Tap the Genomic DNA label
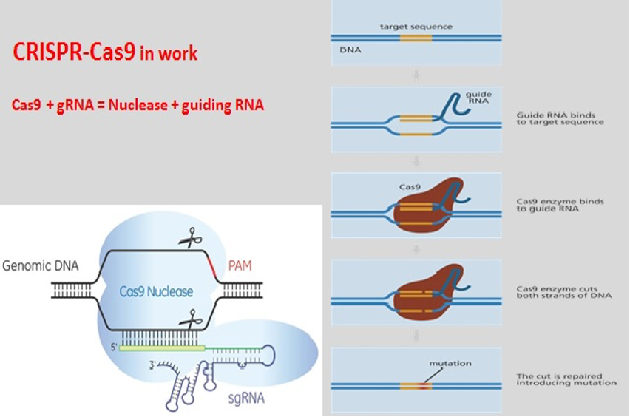[x=40, y=265]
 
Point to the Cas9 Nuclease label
[x=156, y=291]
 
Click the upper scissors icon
[x=190, y=238]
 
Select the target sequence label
[x=416, y=27]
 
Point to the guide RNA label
[x=478, y=98]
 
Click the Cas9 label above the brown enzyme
[x=410, y=187]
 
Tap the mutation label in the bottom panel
[x=450, y=363]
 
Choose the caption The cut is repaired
[x=566, y=379]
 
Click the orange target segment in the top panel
[x=415, y=38]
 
